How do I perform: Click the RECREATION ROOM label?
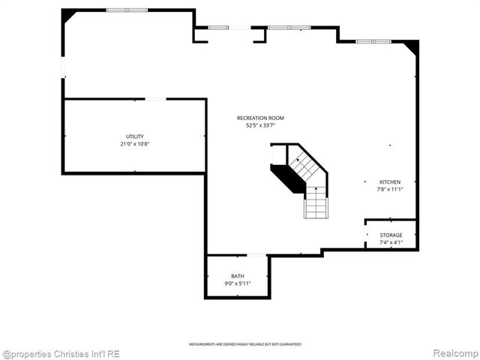[x=260, y=118]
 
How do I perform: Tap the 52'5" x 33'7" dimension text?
[x=260, y=125]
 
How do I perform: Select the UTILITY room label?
[x=135, y=136]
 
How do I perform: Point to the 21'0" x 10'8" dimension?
[x=135, y=143]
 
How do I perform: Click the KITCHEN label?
[x=390, y=182]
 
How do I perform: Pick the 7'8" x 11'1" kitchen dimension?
[x=390, y=189]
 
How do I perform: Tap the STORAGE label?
[x=391, y=235]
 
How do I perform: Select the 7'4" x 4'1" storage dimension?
[x=391, y=242]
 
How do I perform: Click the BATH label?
[x=238, y=276]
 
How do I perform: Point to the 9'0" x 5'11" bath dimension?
[x=238, y=283]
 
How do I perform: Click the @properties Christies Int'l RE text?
[x=61, y=353]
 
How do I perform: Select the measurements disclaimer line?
[x=245, y=344]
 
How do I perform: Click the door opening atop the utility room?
[x=155, y=98]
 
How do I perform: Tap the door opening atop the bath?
[x=257, y=255]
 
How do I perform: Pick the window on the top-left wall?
[x=127, y=10]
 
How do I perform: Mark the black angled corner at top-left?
[x=67, y=15]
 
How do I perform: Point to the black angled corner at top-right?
[x=411, y=46]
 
